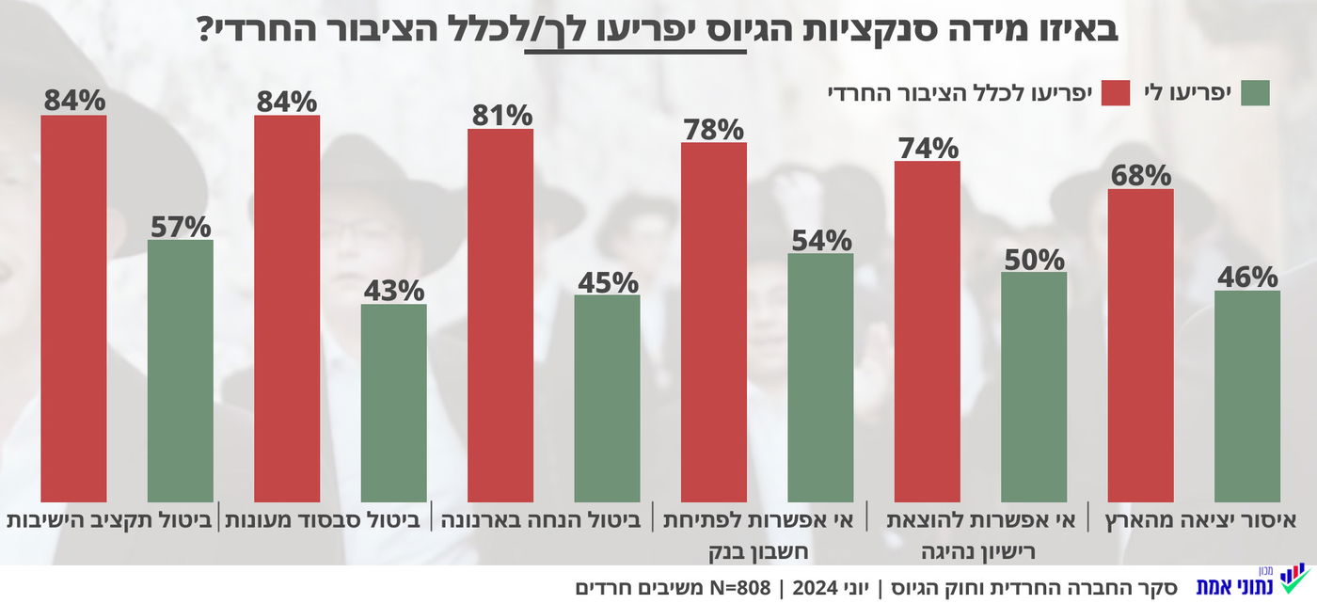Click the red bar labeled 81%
(x=500, y=315)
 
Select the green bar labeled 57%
(x=181, y=371)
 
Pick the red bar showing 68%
(x=1140, y=345)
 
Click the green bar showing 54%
(x=820, y=377)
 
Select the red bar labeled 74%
(x=927, y=331)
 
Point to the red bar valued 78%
(x=714, y=322)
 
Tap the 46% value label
(x=1247, y=277)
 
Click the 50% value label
(x=1034, y=259)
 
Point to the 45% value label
(x=607, y=281)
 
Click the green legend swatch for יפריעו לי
(x=1255, y=93)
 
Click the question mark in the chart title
(x=207, y=30)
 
